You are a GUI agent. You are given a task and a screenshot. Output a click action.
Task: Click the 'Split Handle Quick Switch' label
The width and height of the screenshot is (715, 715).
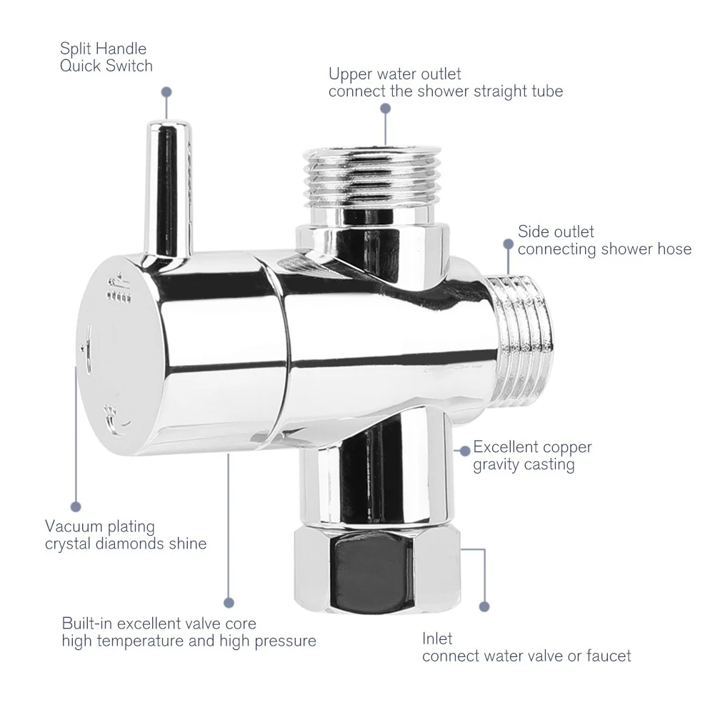106,58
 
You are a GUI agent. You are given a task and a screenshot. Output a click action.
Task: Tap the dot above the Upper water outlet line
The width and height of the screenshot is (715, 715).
386,109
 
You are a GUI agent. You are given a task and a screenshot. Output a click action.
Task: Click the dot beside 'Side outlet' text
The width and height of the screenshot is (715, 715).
508,244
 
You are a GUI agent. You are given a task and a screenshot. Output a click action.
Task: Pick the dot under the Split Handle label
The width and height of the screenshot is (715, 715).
166,91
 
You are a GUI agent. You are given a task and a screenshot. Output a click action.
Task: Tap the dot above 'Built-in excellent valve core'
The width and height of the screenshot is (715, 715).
229,602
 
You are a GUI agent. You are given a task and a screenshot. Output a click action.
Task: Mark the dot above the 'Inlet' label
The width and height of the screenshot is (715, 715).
485,606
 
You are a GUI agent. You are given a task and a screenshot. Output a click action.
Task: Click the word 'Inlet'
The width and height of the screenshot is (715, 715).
437,638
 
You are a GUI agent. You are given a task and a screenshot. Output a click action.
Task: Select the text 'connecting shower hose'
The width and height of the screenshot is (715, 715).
604,249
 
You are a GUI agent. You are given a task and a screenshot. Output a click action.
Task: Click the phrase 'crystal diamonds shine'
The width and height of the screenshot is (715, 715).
126,544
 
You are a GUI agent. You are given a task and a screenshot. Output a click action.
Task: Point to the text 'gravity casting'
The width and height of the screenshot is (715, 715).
524,465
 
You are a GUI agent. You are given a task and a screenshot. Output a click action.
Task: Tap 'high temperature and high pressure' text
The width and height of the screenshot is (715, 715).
189,641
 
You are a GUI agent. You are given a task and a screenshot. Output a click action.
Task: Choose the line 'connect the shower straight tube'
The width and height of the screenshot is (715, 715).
446,91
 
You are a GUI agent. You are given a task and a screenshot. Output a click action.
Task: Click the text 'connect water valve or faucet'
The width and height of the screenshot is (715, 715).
526,656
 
